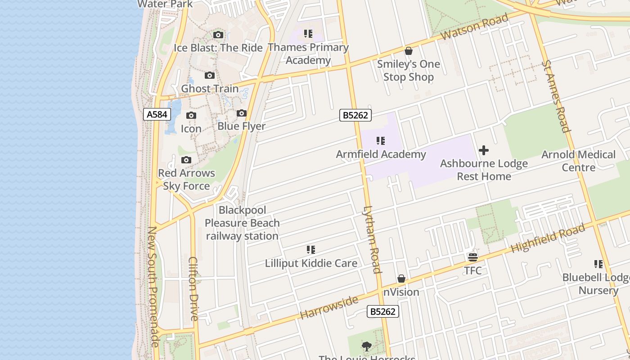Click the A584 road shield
tap(157, 114)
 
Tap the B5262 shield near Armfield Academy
tap(355, 115)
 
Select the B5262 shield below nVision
tap(383, 311)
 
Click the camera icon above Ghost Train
tap(210, 76)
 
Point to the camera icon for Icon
tap(191, 116)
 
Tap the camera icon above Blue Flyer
tap(242, 113)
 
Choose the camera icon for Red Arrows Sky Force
tap(186, 160)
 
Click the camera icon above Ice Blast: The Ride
tap(218, 35)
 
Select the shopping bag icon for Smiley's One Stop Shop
tap(409, 51)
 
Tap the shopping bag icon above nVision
tap(401, 279)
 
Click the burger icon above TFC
tap(472, 257)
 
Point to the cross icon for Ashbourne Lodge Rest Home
tap(484, 150)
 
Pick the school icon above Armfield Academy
tap(381, 141)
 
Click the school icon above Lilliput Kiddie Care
tap(311, 250)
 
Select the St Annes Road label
tap(556, 97)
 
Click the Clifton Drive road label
tap(193, 288)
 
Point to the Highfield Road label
tap(548, 238)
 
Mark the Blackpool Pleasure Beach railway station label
tap(242, 223)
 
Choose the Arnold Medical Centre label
tap(578, 161)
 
